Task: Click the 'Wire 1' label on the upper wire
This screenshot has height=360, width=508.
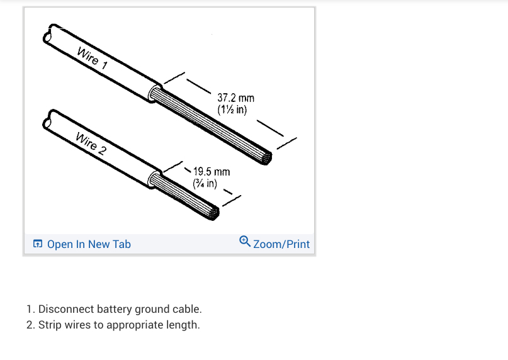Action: (x=92, y=58)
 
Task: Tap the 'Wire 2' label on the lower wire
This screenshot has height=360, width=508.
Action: (x=91, y=143)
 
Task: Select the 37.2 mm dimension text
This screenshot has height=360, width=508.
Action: (x=236, y=98)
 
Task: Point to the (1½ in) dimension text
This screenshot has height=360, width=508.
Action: (x=232, y=110)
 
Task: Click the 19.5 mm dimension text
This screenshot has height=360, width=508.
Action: (x=212, y=171)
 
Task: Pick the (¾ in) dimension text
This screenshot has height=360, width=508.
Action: (x=205, y=183)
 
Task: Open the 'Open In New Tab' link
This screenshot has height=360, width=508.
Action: (x=89, y=244)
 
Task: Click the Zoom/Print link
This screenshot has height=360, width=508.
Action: (x=281, y=244)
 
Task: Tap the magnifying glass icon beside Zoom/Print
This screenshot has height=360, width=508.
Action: (x=245, y=241)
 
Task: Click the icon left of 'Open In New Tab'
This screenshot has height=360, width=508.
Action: (x=38, y=244)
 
